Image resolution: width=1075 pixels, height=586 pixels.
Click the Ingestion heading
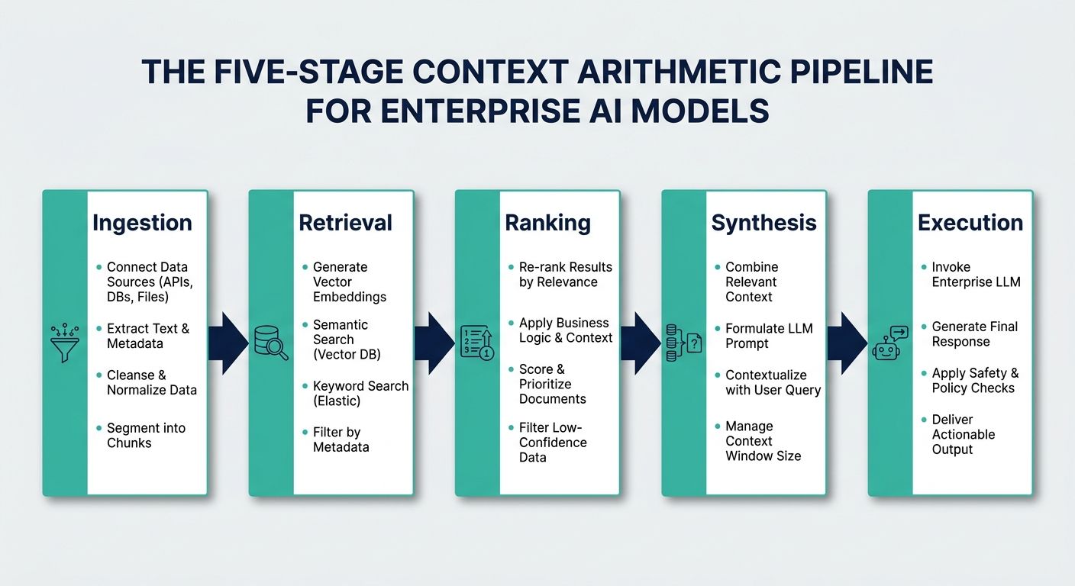(142, 223)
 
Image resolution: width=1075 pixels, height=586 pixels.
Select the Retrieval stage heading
(345, 223)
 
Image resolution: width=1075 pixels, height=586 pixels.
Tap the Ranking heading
(547, 223)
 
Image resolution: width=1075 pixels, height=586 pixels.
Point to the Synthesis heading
(763, 223)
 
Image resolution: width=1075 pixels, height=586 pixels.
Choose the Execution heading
(970, 223)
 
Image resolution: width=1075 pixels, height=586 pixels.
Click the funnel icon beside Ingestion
(65, 342)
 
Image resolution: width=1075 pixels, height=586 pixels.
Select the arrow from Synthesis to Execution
(847, 343)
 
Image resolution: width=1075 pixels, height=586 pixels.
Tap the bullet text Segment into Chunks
(146, 436)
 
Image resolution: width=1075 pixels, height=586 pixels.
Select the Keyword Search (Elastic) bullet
(360, 394)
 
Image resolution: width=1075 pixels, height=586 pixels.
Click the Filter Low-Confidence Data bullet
(553, 443)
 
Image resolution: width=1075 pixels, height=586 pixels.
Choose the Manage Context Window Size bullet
(763, 441)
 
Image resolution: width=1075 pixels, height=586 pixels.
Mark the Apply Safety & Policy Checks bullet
(975, 381)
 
